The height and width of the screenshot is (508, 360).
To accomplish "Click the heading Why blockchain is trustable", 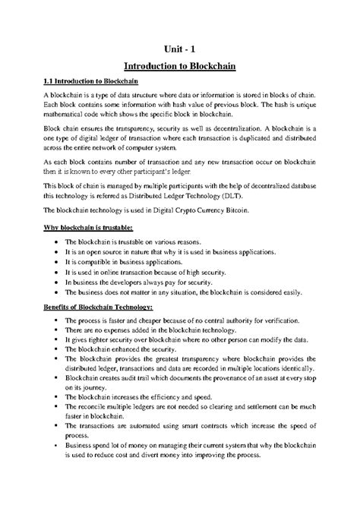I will [88, 227].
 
